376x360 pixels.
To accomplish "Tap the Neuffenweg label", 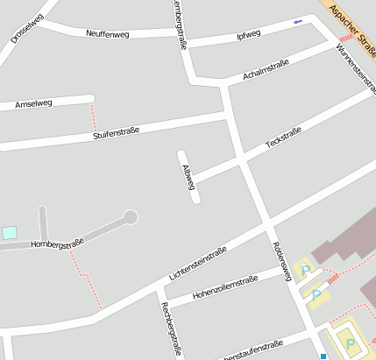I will pos(108,33).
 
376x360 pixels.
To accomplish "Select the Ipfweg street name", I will pos(249,35).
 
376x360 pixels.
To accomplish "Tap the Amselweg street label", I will pos(34,103).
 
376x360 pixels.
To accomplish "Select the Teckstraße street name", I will pos(283,143).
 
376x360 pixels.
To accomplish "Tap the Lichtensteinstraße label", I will pos(197,263).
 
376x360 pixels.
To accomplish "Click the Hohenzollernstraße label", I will pos(225,286).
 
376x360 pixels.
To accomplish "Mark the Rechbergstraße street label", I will pos(171,328).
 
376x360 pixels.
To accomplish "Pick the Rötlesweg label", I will pos(281,261).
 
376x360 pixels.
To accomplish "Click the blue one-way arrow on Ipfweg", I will pos(297,21).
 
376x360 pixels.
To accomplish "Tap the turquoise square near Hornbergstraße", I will pos(9,232).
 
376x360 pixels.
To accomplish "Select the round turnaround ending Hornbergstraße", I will pos(131,216).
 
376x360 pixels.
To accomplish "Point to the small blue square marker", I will pos(323,356).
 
